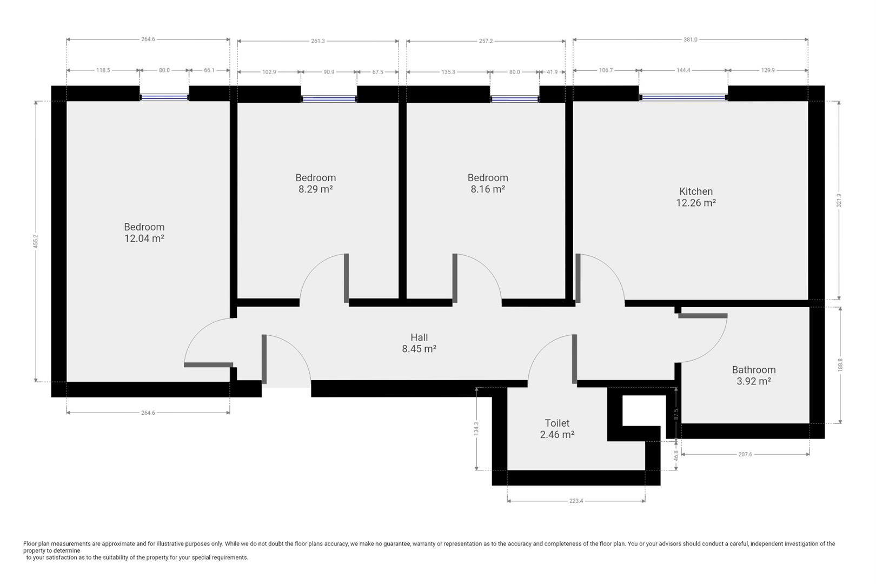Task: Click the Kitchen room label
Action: pos(696,191)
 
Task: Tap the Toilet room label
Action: pos(557,423)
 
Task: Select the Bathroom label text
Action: pos(754,370)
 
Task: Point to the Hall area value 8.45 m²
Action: pos(419,349)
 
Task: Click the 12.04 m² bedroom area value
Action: pos(144,238)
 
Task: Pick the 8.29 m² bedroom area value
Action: pos(316,189)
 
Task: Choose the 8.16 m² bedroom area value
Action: pos(488,189)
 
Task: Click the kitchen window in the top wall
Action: pos(683,97)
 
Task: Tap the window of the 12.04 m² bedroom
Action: pos(164,97)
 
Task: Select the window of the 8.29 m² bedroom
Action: pos(329,99)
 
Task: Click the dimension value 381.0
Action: pos(690,39)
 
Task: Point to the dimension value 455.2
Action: pos(36,241)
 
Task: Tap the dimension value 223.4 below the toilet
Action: pos(576,501)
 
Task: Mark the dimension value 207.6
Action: pos(745,454)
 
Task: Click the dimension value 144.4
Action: pos(683,70)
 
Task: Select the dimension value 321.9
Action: pos(839,200)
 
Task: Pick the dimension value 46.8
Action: pos(676,455)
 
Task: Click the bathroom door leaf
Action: pos(703,316)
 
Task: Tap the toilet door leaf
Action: pos(574,359)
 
